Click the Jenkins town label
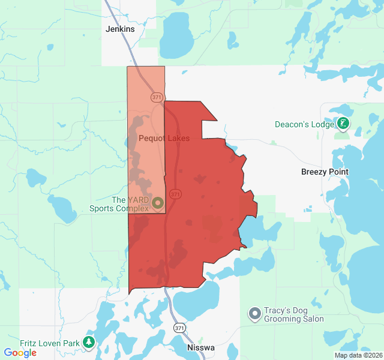point(120,29)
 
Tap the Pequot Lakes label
point(164,138)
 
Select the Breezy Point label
point(325,172)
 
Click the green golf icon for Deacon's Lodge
point(343,124)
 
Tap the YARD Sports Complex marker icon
point(158,203)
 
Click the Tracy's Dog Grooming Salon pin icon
point(255,314)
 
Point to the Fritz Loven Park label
point(50,343)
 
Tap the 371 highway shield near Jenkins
point(157,97)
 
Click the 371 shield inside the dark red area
point(175,194)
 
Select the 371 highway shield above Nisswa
point(179,328)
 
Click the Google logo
point(20,353)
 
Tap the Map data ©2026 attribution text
point(358,355)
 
